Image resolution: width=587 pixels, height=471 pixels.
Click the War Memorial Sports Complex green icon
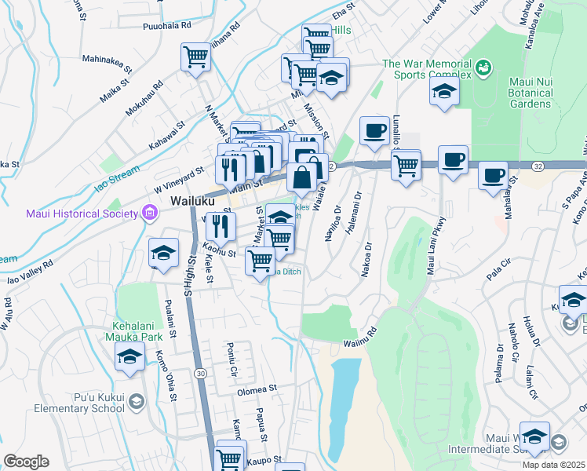pos(484,69)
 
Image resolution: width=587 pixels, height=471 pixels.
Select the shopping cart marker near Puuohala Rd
pos(195,57)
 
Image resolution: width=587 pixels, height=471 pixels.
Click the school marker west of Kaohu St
pos(163,254)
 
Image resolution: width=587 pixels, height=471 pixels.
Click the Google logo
pos(26,462)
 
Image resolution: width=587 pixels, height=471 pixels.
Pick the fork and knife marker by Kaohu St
pos(221,226)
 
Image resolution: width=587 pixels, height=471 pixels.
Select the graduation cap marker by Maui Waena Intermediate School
pos(535,436)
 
